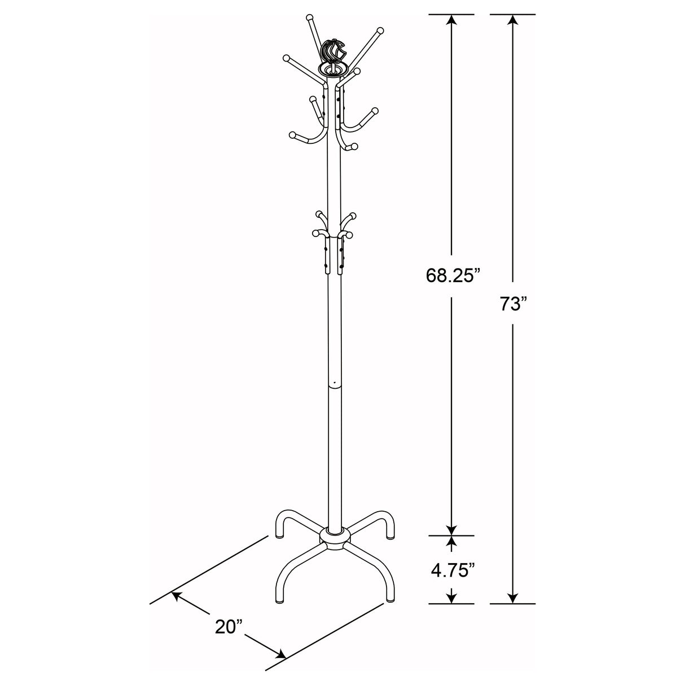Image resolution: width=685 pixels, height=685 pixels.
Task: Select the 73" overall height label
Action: (512, 304)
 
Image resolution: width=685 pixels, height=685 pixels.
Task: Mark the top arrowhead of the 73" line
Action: (512, 20)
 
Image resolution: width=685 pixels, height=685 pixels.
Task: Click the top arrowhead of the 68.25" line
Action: (451, 20)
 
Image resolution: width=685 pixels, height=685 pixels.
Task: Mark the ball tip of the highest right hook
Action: (380, 29)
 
